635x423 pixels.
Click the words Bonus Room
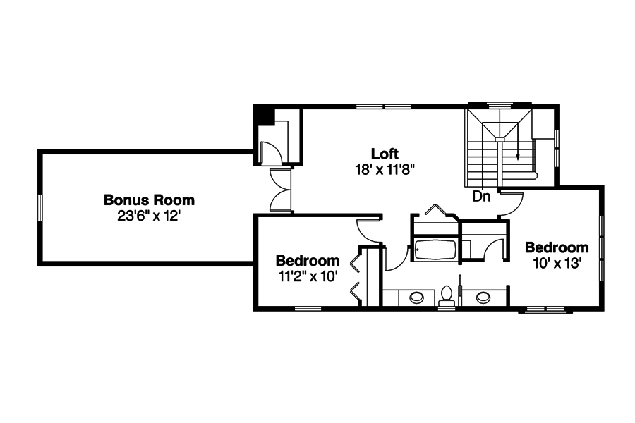click(x=149, y=200)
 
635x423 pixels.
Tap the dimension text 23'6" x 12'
click(x=149, y=216)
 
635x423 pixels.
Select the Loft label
click(x=385, y=154)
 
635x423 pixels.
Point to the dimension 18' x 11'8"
click(x=385, y=169)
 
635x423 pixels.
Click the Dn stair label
click(x=481, y=197)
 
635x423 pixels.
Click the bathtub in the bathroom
click(x=435, y=250)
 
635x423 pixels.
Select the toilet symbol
click(x=447, y=296)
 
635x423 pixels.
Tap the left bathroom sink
click(x=417, y=298)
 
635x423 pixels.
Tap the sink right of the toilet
click(x=483, y=298)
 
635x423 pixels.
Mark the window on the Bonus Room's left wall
click(x=40, y=207)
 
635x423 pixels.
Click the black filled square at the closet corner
click(x=265, y=115)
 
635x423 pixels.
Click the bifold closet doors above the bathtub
click(x=435, y=213)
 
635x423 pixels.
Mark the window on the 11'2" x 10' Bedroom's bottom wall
click(x=308, y=308)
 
